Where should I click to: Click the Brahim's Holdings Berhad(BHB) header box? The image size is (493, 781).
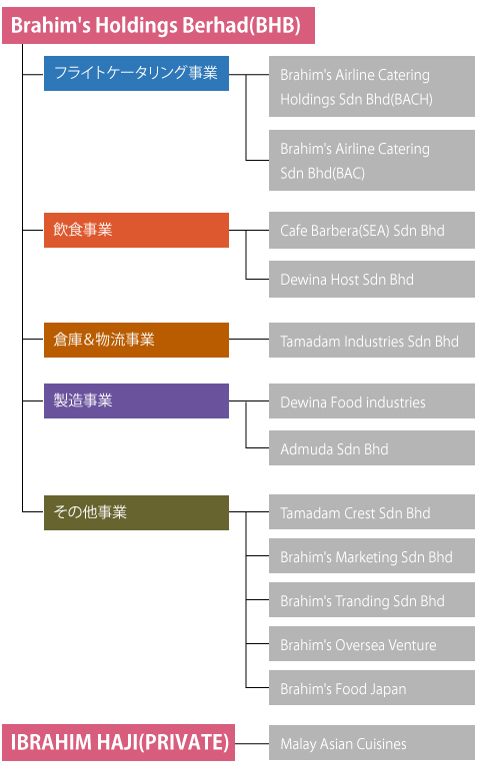159,25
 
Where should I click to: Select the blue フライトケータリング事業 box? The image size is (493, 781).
137,73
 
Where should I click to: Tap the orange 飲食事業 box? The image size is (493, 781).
137,230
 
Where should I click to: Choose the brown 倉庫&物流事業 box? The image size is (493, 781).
137,340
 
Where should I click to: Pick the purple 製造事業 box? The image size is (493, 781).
137,400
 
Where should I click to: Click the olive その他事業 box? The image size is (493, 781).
137,512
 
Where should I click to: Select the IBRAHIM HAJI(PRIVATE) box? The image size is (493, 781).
119,743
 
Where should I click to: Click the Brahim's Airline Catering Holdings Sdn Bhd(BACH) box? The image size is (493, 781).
372,86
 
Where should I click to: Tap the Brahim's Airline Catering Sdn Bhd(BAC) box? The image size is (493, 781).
372,161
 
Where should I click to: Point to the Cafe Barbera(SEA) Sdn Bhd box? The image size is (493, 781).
372,230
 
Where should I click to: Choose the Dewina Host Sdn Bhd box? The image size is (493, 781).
372,279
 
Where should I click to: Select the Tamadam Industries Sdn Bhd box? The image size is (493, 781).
372,341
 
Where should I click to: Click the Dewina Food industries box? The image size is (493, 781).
372,400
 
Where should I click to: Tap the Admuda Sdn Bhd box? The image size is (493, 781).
372,448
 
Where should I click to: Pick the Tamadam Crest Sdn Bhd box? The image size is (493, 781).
372,512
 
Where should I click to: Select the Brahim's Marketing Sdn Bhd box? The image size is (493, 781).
372,556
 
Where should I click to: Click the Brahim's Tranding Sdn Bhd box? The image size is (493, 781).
372,599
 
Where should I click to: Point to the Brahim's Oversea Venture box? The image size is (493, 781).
372,644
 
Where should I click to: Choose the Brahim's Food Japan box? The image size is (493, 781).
372,688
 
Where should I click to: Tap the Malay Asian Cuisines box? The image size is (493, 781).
372,743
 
